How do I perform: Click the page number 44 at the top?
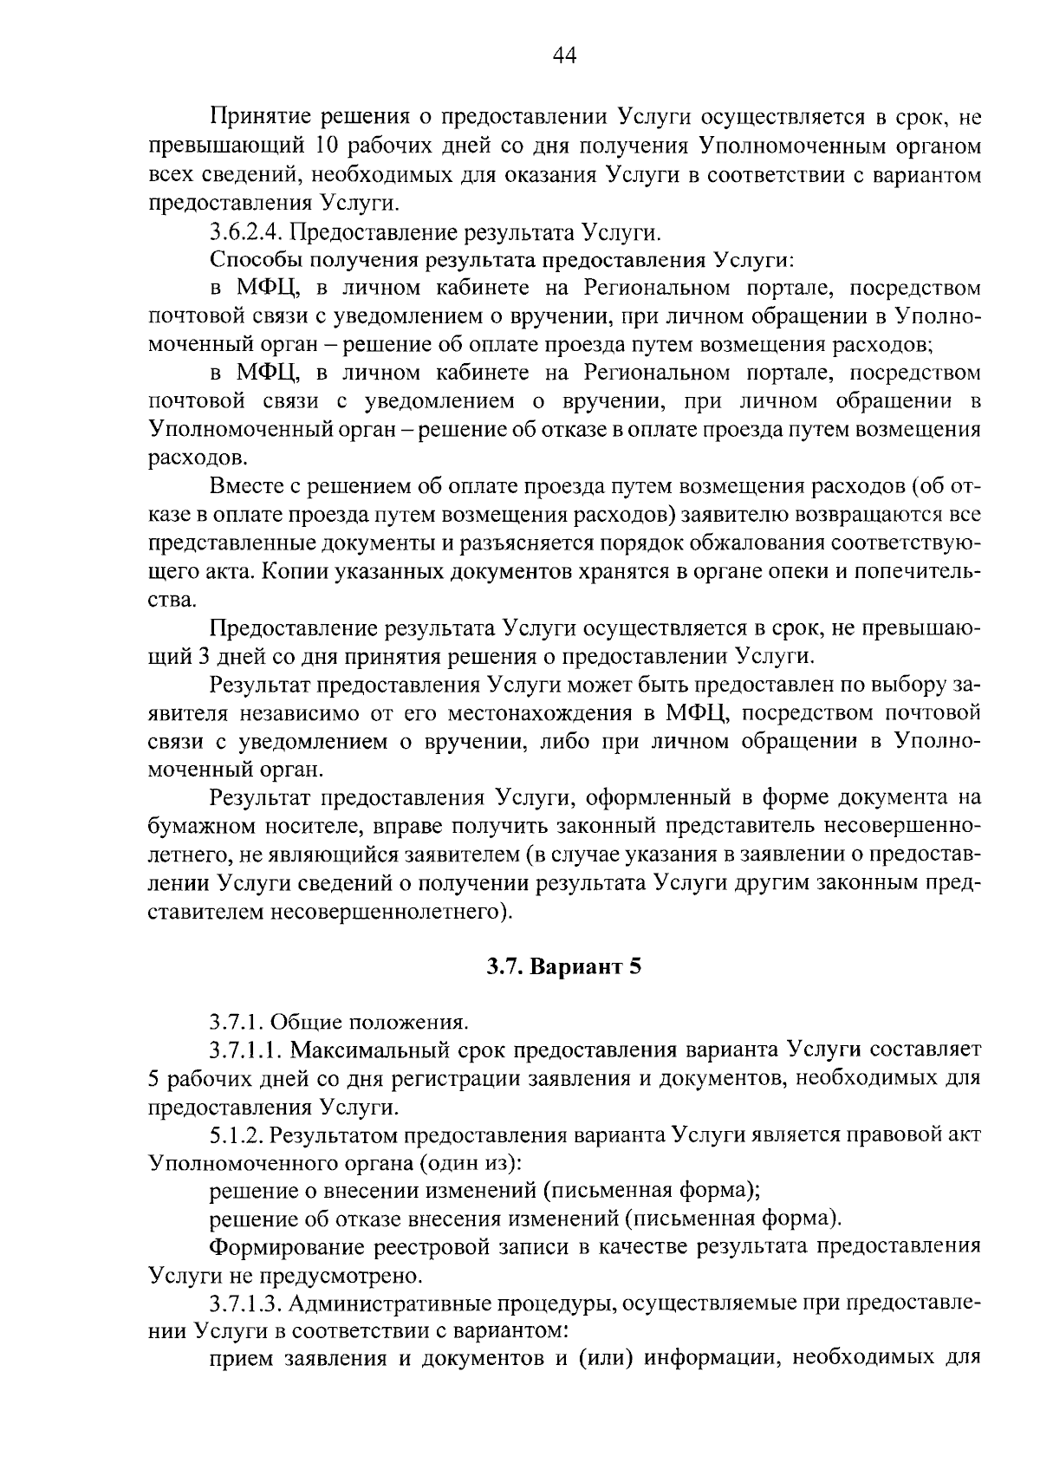click(563, 56)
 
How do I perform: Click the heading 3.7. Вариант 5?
click(563, 967)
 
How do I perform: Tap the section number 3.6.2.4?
click(246, 232)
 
